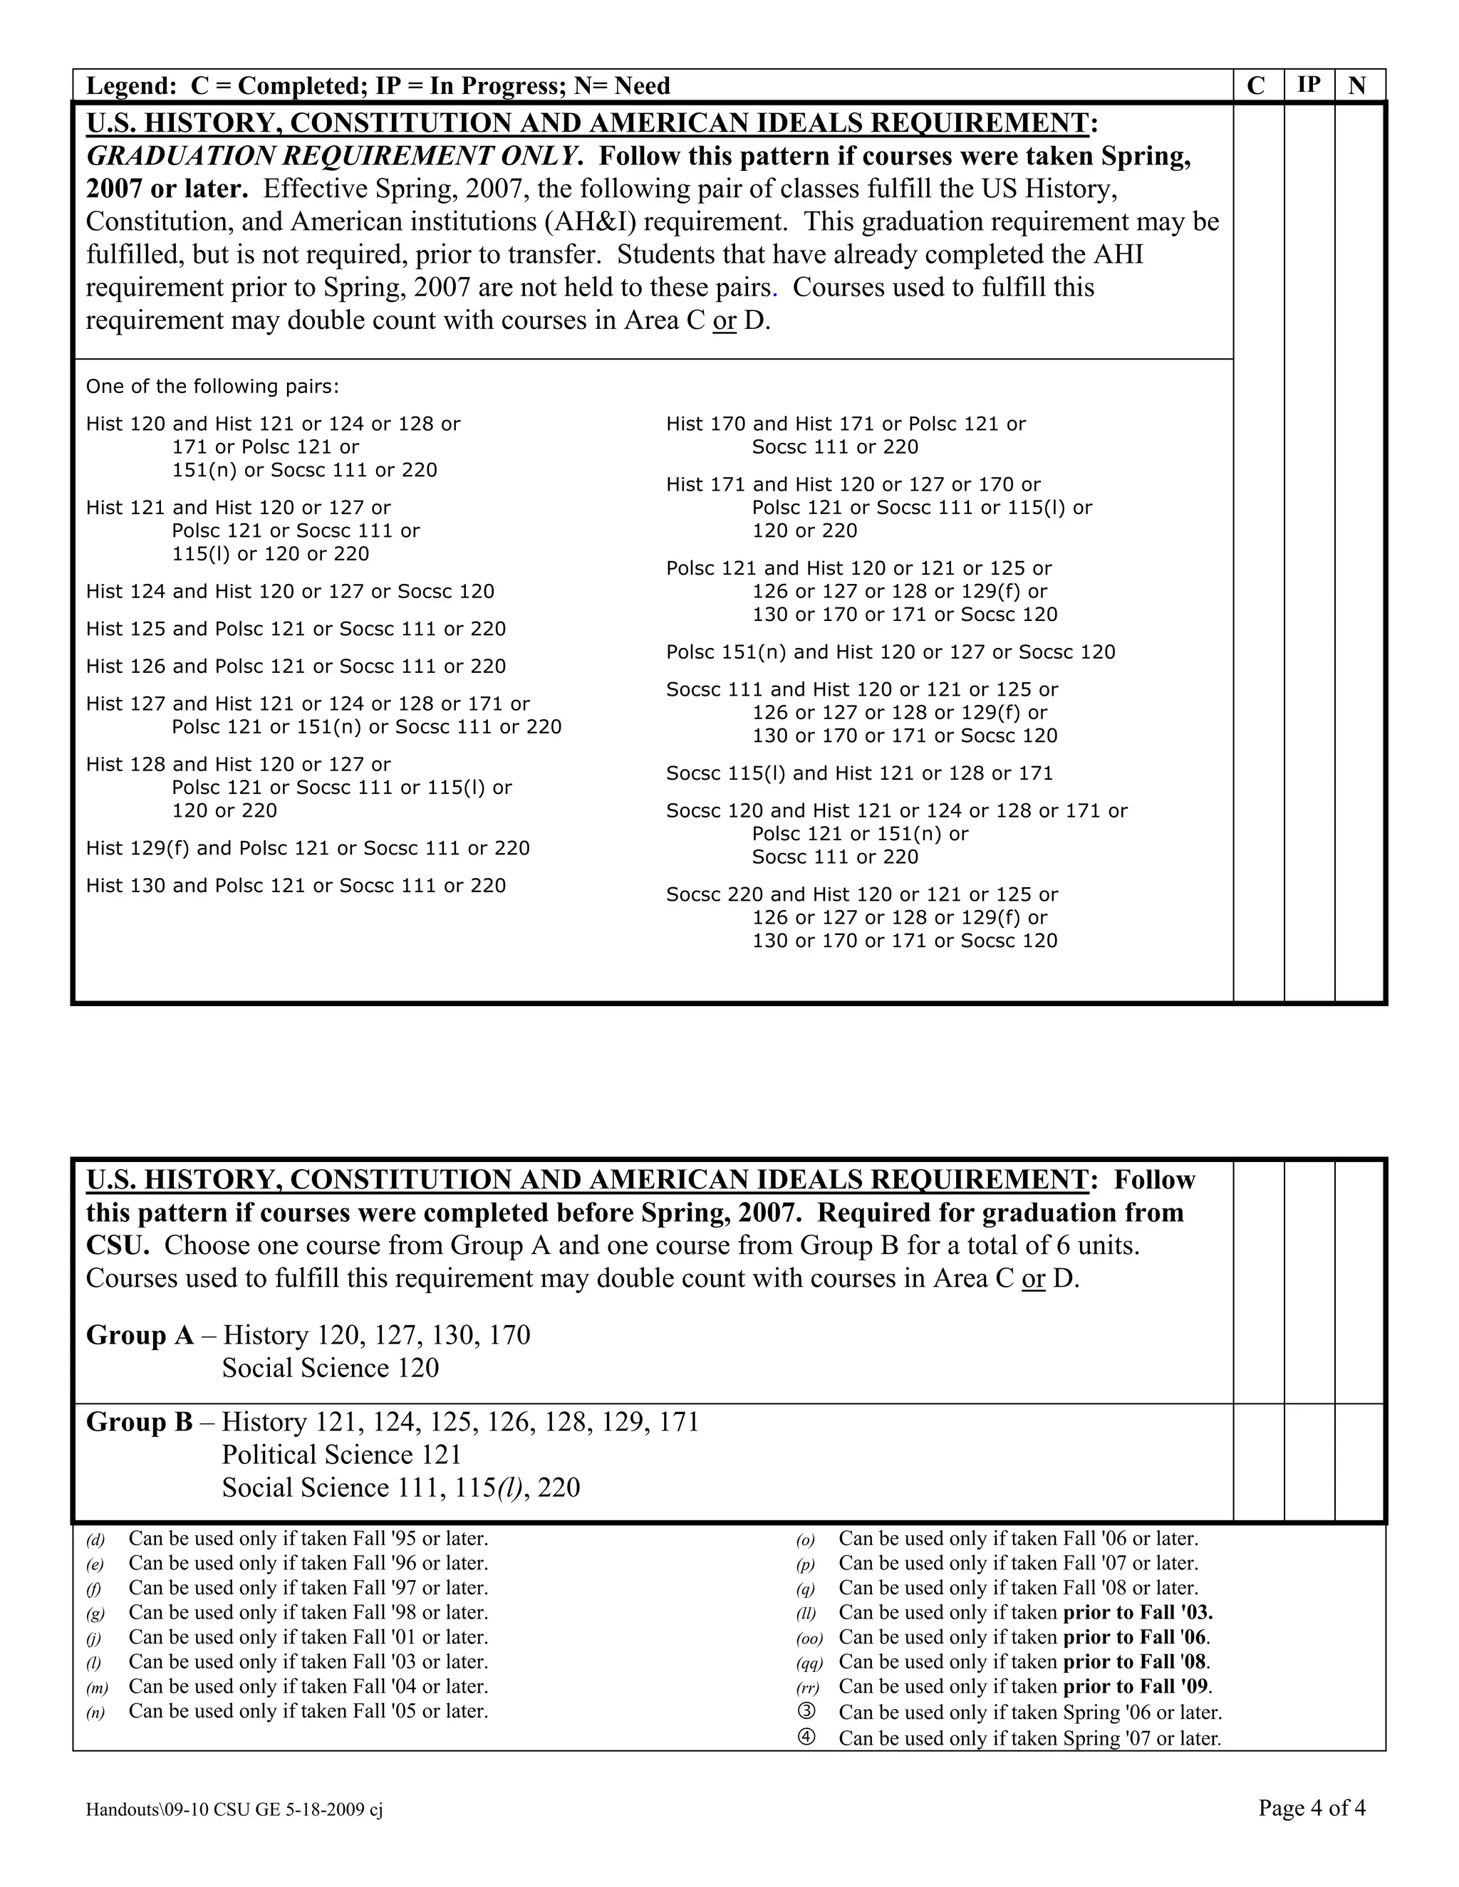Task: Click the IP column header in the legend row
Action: [1309, 85]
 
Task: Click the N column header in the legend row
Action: [1357, 85]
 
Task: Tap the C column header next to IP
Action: [1256, 85]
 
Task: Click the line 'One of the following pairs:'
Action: [212, 386]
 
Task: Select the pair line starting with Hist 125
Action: [296, 629]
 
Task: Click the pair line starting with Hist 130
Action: [296, 886]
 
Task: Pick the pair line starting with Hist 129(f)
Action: [308, 849]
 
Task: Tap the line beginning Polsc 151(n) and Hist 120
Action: [891, 652]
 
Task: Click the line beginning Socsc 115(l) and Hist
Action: [859, 773]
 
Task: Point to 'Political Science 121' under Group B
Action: [341, 1455]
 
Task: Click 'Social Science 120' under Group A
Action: [330, 1369]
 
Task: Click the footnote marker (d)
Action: [95, 1540]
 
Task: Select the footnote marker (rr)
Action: [808, 1688]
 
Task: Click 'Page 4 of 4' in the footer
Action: [1312, 1807]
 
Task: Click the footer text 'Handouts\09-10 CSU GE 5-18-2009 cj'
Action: [234, 1810]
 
